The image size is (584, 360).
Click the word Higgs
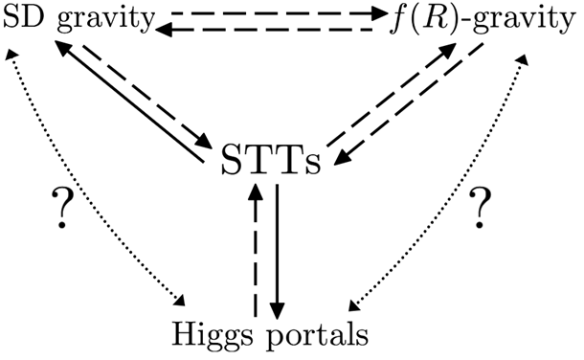click(x=212, y=336)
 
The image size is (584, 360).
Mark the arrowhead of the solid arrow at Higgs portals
click(x=278, y=312)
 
